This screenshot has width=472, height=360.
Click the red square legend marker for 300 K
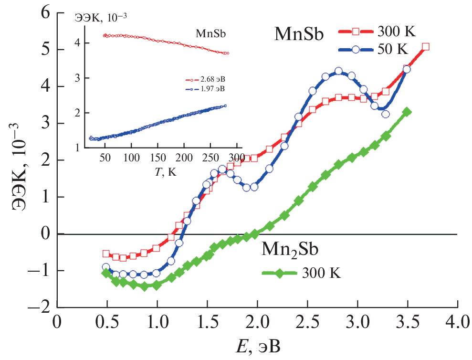(356, 32)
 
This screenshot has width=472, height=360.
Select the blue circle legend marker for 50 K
(356, 49)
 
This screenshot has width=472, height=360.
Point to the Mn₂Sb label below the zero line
(290, 250)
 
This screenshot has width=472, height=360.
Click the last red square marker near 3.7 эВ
(426, 47)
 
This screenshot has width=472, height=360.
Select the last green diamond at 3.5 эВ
(407, 112)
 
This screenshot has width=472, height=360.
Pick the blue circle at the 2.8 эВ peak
(338, 71)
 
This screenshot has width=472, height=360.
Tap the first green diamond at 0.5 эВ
(106, 273)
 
